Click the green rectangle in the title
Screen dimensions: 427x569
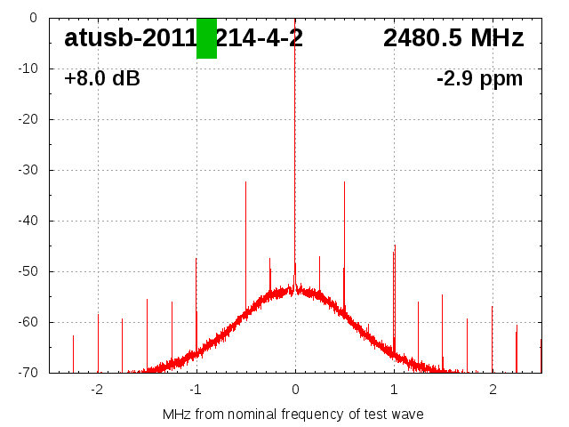pyautogui.click(x=206, y=38)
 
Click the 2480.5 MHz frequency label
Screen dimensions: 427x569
pyautogui.click(x=453, y=38)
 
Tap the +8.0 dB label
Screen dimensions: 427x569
pyautogui.click(x=102, y=79)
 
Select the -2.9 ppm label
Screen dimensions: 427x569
pyautogui.click(x=479, y=79)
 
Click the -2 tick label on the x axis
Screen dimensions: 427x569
pyautogui.click(x=97, y=390)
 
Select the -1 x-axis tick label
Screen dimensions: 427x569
pyautogui.click(x=196, y=390)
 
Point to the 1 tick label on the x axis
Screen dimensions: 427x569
pyautogui.click(x=394, y=390)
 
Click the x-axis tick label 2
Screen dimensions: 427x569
pyautogui.click(x=493, y=390)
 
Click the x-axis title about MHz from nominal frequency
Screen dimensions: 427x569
pyautogui.click(x=293, y=415)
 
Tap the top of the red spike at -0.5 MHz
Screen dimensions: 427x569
pyautogui.click(x=245, y=182)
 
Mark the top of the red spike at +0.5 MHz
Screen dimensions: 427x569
pyautogui.click(x=344, y=182)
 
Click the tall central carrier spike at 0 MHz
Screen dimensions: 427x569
pyautogui.click(x=295, y=133)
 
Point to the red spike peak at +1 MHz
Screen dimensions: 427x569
pyautogui.click(x=395, y=246)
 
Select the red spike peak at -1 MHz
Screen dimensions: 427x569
pyautogui.click(x=196, y=259)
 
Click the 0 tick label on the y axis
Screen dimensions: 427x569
pyautogui.click(x=33, y=18)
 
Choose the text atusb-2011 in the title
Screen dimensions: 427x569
pyautogui.click(x=129, y=38)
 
